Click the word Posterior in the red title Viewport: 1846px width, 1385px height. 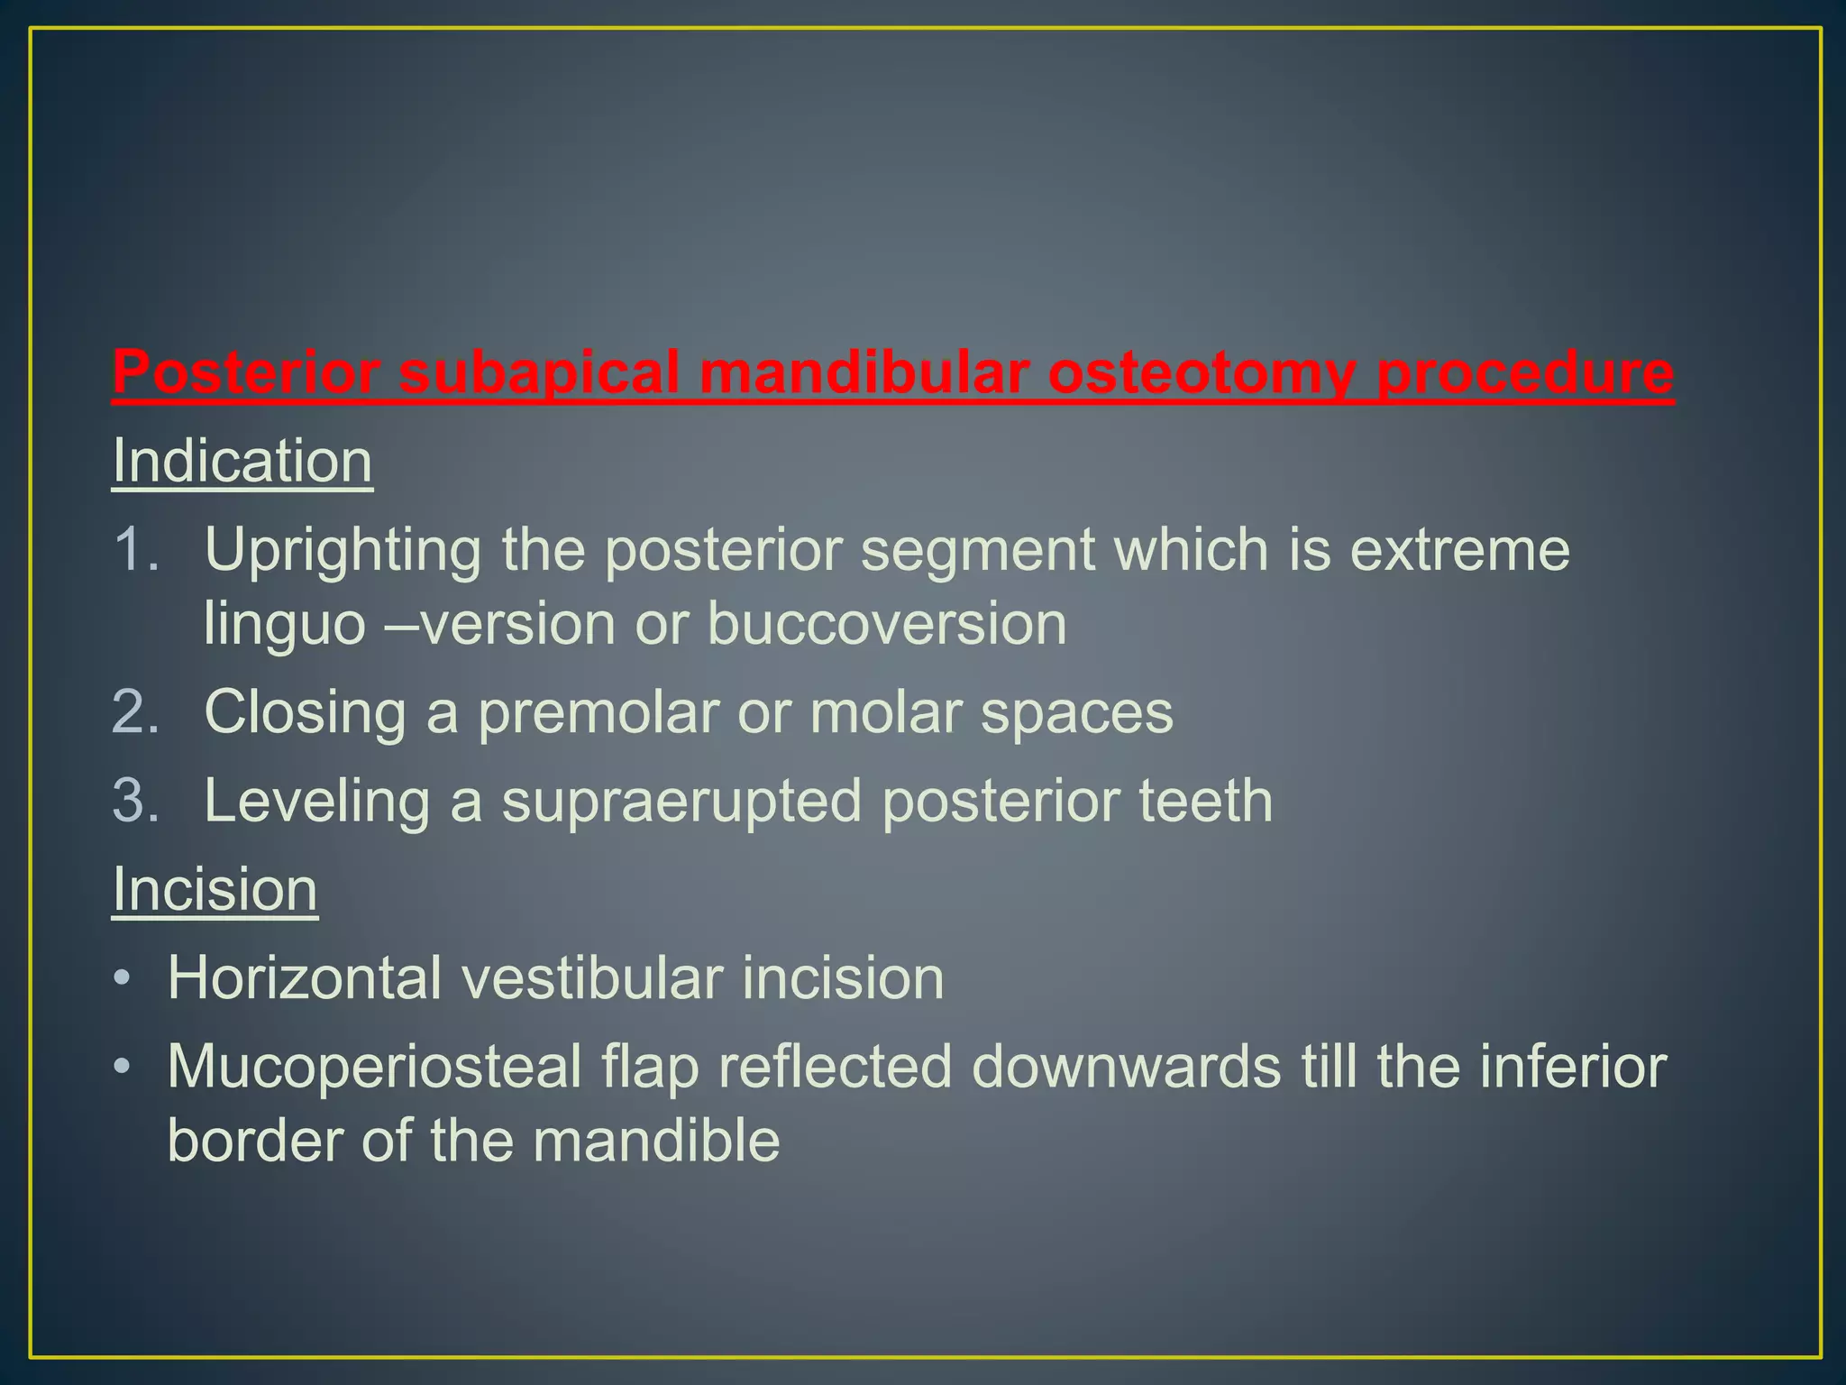point(245,371)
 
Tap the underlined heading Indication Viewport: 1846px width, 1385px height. point(242,462)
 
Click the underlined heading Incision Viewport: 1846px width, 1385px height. point(215,890)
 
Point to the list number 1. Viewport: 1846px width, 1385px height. point(135,549)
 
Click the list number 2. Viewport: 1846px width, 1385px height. point(135,712)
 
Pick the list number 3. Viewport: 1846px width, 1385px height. point(135,801)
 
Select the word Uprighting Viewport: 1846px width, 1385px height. point(343,550)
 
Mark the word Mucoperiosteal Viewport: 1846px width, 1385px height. point(374,1068)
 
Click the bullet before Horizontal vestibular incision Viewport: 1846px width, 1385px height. point(123,979)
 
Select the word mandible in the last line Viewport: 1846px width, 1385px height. point(655,1141)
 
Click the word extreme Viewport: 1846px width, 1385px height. point(1459,550)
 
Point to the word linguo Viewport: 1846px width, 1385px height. point(284,624)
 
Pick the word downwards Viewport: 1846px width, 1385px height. point(1126,1068)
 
